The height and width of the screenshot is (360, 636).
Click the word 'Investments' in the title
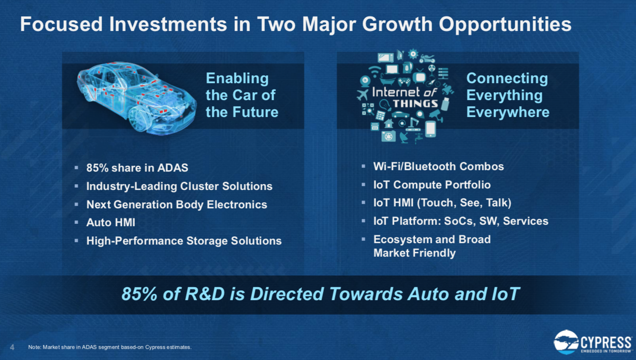tap(168, 24)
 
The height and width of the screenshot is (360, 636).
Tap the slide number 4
tap(12, 347)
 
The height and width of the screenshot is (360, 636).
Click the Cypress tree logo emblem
tap(566, 342)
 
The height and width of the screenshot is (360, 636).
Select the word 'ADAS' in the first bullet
tap(173, 168)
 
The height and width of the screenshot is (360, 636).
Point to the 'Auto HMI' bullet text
tap(111, 223)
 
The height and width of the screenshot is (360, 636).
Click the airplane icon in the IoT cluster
tap(362, 95)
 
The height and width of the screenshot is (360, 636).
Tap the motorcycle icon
tap(427, 58)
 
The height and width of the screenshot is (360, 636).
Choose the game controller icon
tap(404, 82)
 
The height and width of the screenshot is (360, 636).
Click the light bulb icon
tap(384, 105)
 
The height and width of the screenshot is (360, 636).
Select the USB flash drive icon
tap(446, 103)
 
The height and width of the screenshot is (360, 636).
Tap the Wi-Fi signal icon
tap(375, 71)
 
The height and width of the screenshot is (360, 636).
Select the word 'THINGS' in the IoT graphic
tap(416, 103)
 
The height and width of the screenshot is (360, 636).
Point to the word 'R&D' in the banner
tap(205, 294)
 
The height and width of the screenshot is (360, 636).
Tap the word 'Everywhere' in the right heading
tap(507, 112)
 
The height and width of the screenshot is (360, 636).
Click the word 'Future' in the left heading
tap(255, 112)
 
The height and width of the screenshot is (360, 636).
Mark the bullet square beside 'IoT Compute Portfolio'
tap(363, 185)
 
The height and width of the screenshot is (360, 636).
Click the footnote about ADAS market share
tap(110, 347)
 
